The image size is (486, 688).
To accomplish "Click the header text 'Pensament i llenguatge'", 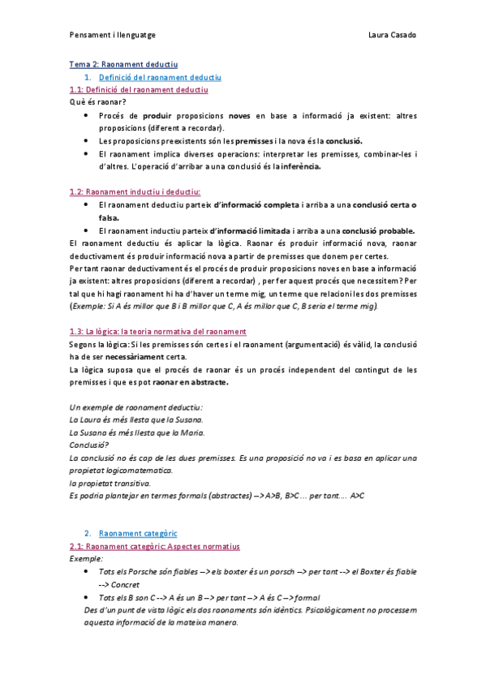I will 113,36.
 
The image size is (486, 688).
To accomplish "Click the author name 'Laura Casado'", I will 392,36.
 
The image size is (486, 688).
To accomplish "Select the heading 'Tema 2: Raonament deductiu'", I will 123,64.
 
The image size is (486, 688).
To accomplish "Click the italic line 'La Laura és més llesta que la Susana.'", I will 137,420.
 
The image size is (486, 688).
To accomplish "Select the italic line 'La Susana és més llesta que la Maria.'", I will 136,433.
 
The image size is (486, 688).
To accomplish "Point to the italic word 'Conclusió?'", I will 89,445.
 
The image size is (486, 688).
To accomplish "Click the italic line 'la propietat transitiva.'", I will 110,484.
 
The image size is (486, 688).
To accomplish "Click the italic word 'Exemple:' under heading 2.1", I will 87,559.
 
